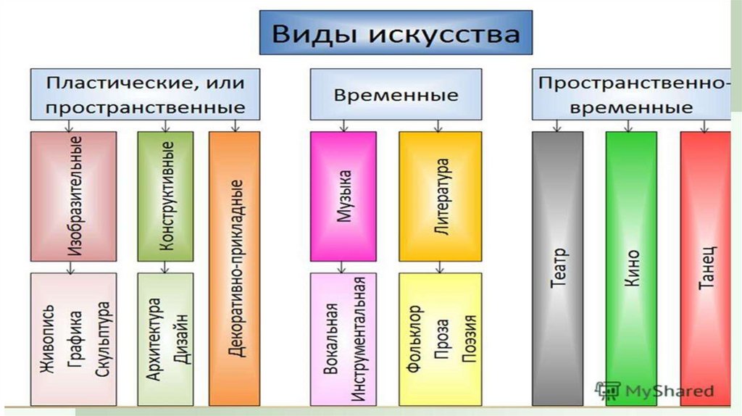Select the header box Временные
(396, 95)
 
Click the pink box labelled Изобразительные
(73, 196)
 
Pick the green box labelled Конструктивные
(165, 196)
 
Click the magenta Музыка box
(343, 196)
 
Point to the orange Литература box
(440, 196)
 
